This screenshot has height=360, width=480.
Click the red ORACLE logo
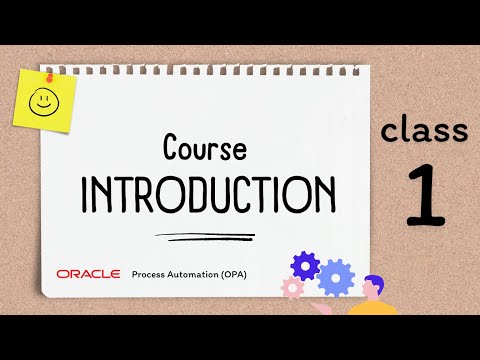click(x=89, y=273)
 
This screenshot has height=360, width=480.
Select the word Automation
click(x=199, y=273)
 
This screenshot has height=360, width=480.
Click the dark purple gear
click(x=304, y=265)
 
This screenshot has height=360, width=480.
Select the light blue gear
click(x=335, y=278)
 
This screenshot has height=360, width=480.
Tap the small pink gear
click(x=293, y=288)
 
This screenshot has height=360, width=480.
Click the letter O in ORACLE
click(x=63, y=273)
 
